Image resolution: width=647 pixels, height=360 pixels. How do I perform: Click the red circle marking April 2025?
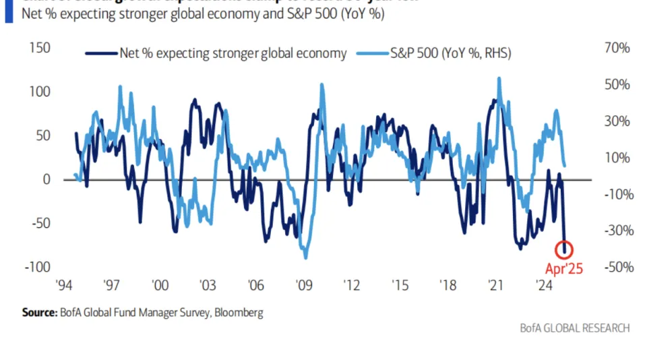[564, 249]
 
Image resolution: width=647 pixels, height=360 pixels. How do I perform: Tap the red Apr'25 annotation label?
[564, 269]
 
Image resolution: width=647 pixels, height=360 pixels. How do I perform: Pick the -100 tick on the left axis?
[38, 268]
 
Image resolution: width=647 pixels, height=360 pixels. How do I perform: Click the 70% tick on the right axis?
[617, 49]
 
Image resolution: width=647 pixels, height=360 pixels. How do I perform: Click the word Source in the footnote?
[38, 313]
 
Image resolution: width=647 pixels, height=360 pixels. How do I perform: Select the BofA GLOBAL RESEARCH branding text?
[575, 328]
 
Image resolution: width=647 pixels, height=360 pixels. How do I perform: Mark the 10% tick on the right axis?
[617, 158]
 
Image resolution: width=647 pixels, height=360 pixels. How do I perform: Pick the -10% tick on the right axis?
[615, 195]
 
